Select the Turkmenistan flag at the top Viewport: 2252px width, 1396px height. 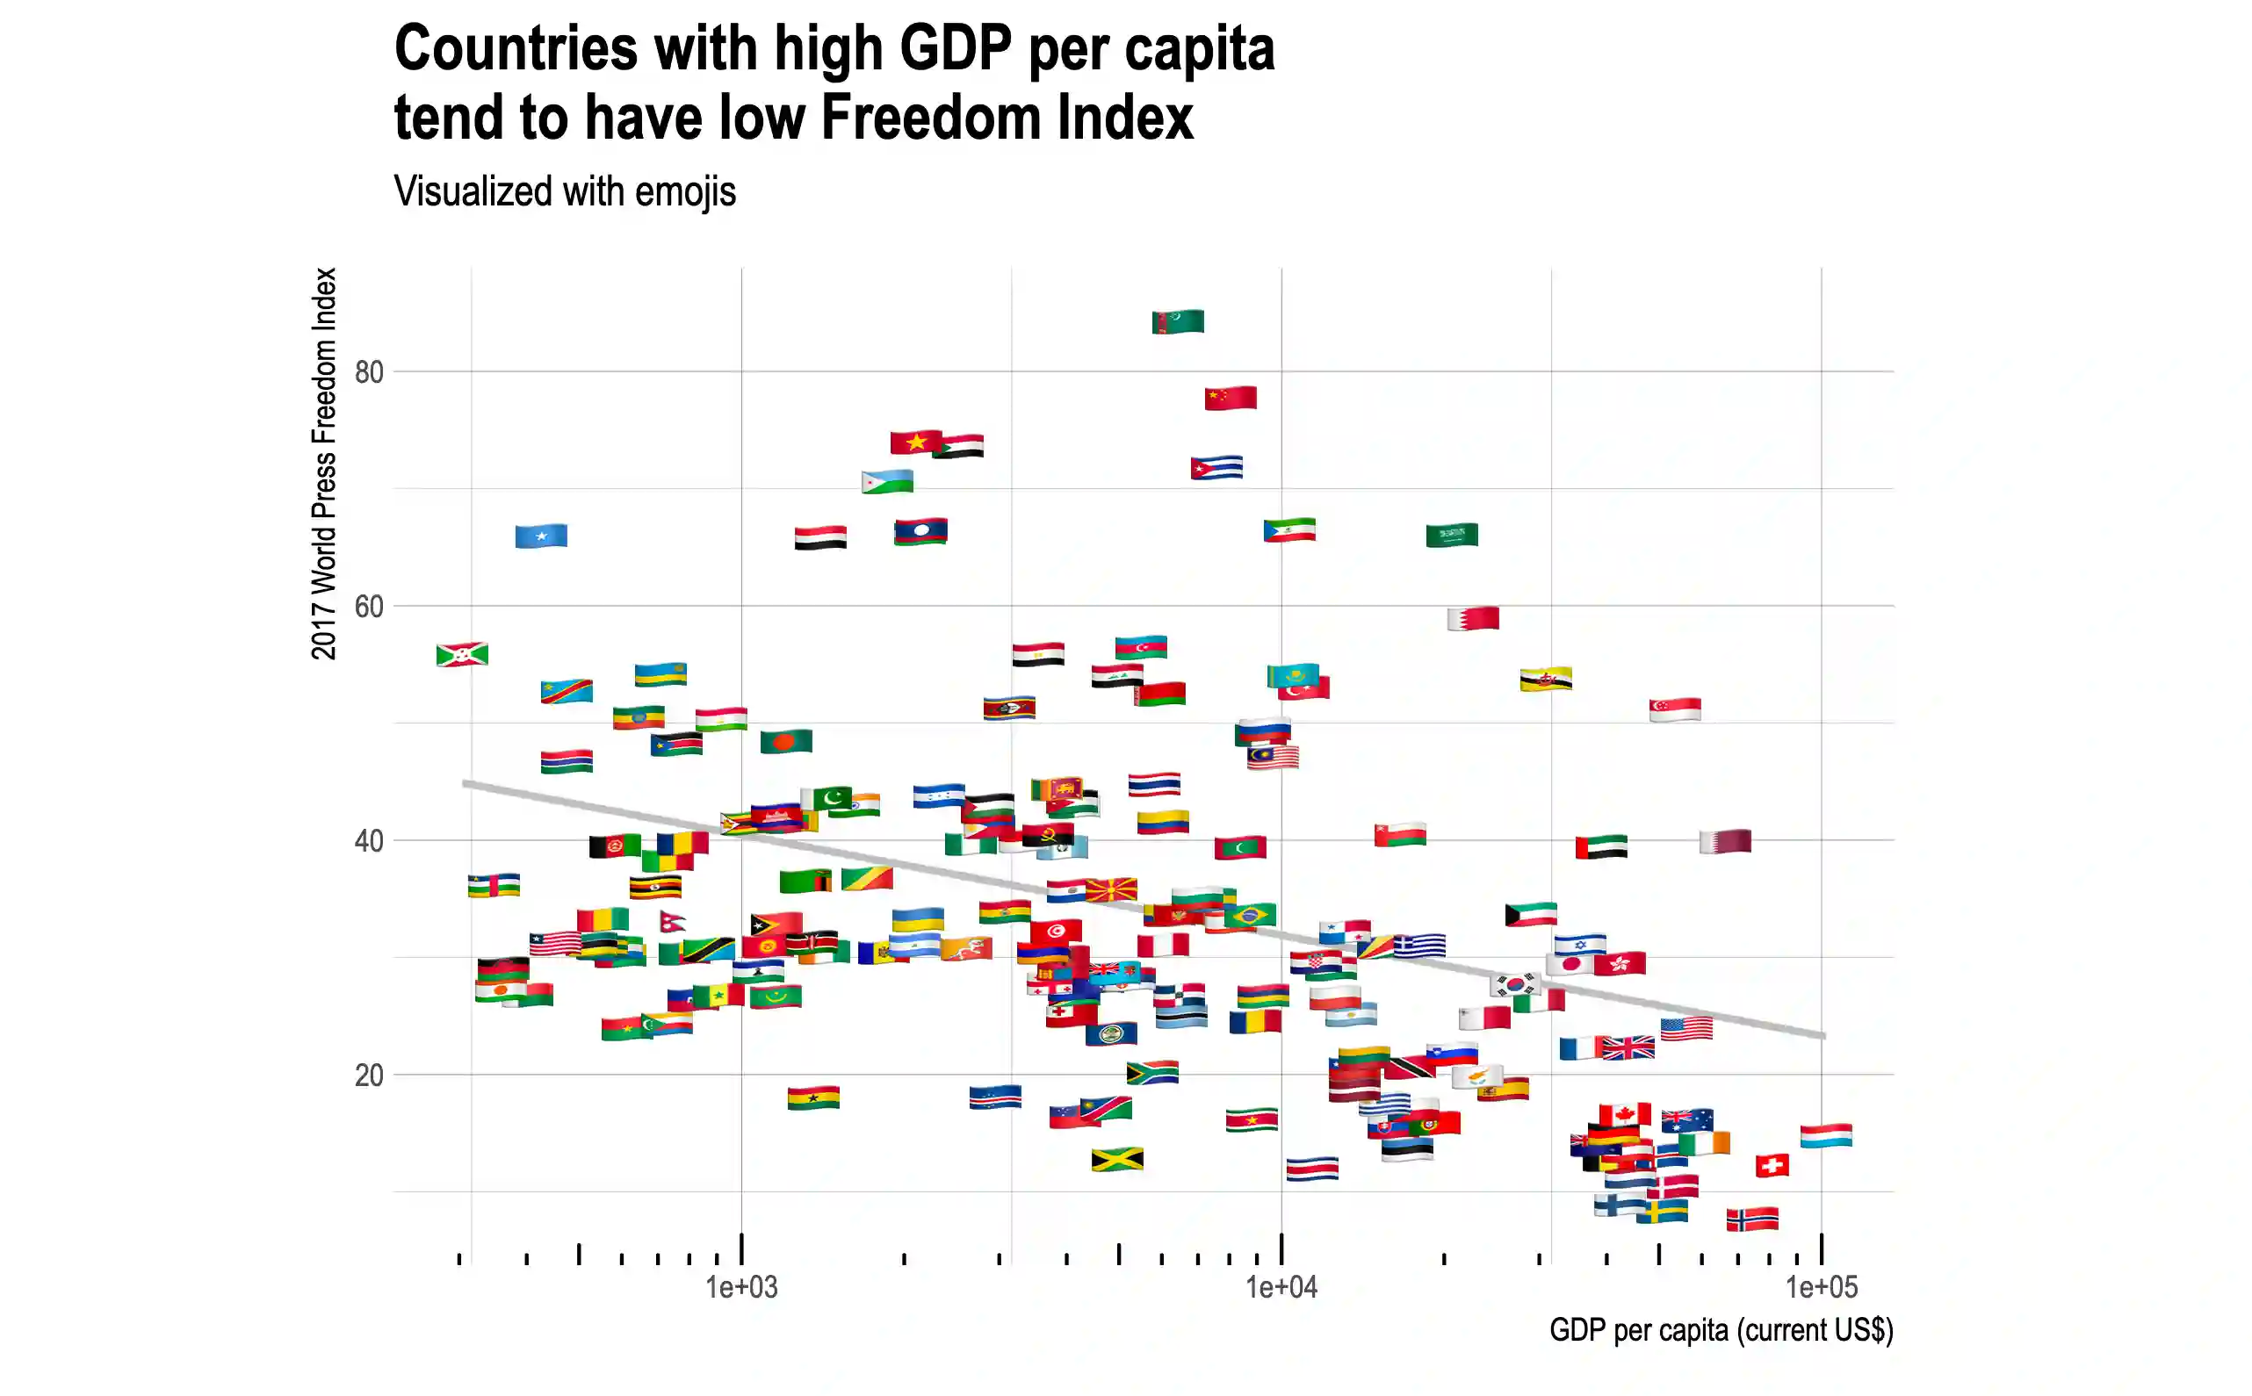(x=1177, y=321)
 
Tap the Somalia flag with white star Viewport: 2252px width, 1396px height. (x=541, y=536)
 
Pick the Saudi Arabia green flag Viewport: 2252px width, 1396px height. (x=1451, y=535)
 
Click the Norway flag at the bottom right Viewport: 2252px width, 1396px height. (x=1751, y=1219)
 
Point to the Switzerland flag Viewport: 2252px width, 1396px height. (x=1771, y=1165)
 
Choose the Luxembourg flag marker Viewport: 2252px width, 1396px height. (x=1825, y=1135)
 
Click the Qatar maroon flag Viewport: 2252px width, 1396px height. (x=1725, y=841)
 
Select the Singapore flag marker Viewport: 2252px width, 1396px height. (x=1674, y=709)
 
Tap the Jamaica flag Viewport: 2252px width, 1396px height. (x=1116, y=1159)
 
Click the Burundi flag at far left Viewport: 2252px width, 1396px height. (x=462, y=655)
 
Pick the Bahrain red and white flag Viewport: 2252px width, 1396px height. (x=1473, y=618)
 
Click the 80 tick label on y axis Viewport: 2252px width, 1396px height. (x=368, y=372)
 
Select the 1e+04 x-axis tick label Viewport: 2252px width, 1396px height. (x=1281, y=1286)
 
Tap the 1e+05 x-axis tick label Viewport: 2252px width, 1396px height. (x=1821, y=1286)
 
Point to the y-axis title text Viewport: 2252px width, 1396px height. (x=324, y=464)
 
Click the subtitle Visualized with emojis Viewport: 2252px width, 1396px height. (x=564, y=192)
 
